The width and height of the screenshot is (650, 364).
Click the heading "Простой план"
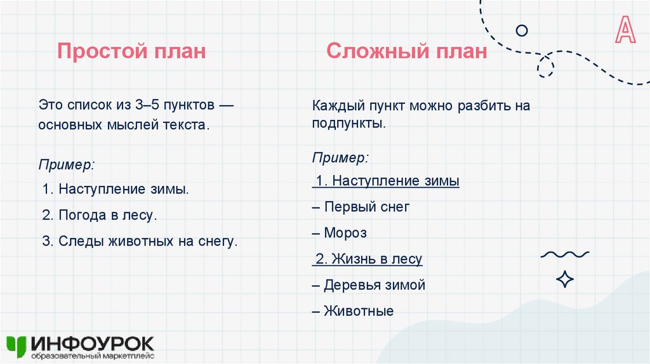point(131,51)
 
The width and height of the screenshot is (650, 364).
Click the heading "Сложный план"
point(407,51)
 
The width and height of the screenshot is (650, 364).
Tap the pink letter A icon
point(625,30)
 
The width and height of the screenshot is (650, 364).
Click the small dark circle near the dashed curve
point(522,30)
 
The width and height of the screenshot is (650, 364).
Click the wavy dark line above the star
point(564,255)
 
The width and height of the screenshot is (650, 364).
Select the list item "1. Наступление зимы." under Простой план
point(116,189)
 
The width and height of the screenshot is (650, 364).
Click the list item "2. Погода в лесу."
point(100,215)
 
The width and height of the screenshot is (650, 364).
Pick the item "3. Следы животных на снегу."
point(140,241)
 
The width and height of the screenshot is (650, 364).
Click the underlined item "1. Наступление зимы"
point(387,181)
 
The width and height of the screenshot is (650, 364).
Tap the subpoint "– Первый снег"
point(361,207)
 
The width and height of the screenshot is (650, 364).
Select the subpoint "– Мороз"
point(340,233)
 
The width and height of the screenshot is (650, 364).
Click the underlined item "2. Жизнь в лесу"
point(368,259)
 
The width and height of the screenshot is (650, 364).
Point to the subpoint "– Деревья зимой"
point(369,285)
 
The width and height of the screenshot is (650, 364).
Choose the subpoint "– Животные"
point(353,311)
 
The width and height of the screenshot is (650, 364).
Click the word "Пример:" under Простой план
point(67,164)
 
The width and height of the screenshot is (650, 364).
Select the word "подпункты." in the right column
point(348,123)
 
